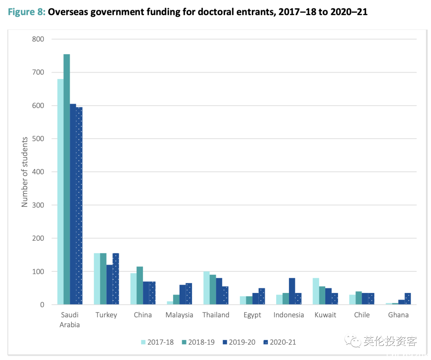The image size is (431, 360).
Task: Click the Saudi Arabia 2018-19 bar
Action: point(67,180)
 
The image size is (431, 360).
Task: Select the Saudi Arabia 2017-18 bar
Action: point(60,192)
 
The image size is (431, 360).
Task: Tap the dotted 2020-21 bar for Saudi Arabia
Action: point(79,206)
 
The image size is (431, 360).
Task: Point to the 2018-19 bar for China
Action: point(140,286)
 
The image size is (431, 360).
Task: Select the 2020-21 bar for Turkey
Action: point(116,279)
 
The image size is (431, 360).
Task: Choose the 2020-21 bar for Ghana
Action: point(407,299)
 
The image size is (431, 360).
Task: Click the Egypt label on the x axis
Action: point(252,315)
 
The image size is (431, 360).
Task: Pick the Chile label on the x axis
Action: point(362,315)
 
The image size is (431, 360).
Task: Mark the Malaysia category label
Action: point(179,315)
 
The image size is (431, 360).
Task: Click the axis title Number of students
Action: point(25,172)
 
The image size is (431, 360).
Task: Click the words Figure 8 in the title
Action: point(26,12)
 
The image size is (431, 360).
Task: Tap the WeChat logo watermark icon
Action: point(352,342)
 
